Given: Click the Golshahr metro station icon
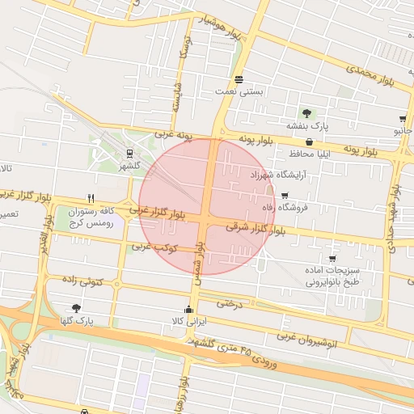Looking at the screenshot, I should tap(129, 152).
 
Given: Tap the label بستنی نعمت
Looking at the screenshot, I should tap(239, 92).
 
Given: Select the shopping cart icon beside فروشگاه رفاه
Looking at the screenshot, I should tap(285, 195).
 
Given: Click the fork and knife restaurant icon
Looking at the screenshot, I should tap(91, 197).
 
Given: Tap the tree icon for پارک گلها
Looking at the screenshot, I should tap(76, 308).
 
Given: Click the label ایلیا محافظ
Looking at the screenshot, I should tap(310, 152).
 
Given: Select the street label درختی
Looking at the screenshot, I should tap(230, 303).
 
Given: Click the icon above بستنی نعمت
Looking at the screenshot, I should tap(239, 79).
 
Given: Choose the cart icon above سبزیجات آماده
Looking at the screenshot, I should tap(332, 258).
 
